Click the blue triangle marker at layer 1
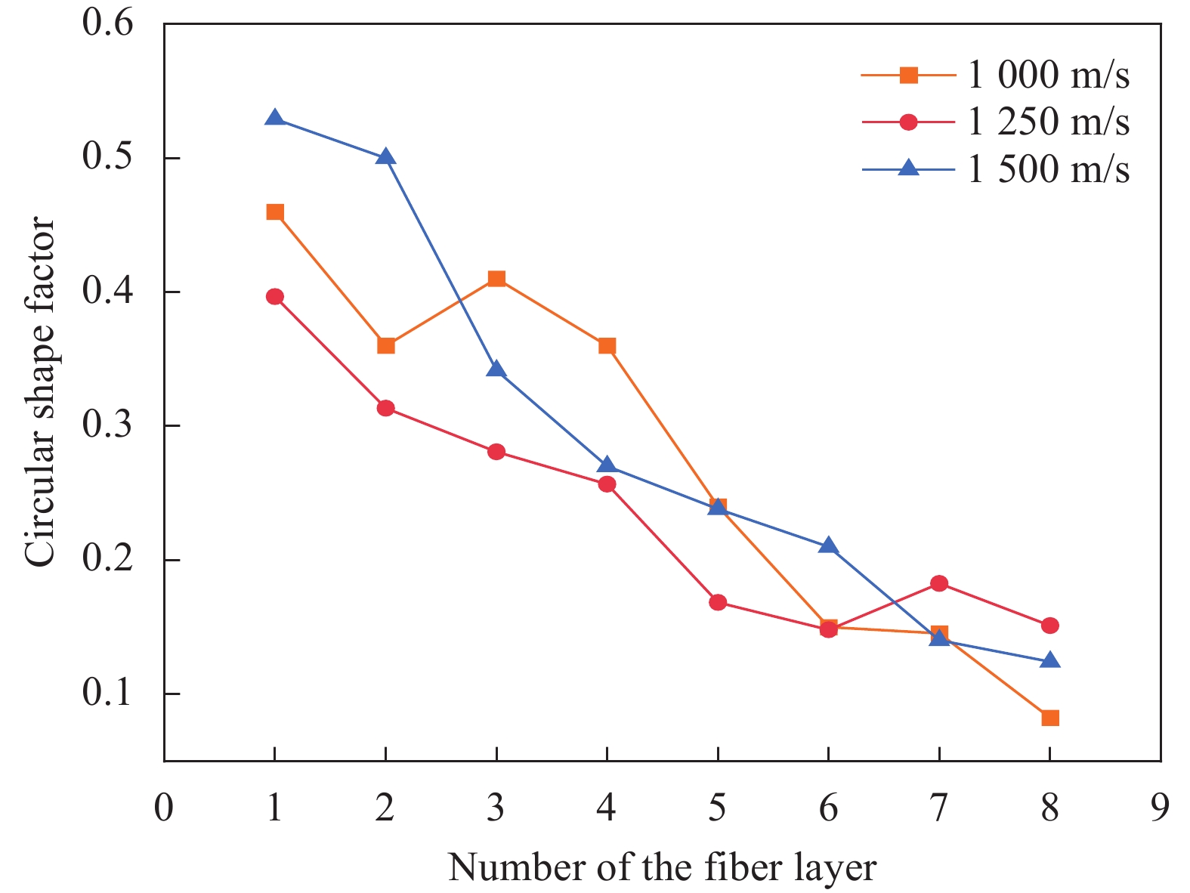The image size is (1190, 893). coord(275,118)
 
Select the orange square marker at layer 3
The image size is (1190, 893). coord(496,279)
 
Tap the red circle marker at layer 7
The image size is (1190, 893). coord(939,583)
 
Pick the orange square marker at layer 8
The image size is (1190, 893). coord(1050,718)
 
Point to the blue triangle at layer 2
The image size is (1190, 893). coord(385,157)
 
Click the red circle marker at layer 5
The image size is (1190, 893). coord(718,602)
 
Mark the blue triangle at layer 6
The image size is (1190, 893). coord(829,545)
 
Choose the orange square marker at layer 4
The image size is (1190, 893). coord(607,346)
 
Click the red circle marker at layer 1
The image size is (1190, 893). coord(275,296)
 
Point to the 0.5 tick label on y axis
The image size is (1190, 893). coord(108,158)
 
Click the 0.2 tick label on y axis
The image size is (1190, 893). coord(108,560)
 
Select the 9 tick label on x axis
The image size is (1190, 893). coord(1160,808)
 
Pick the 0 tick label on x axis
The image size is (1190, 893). coord(164,808)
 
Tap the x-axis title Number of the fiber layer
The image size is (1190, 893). coord(662,867)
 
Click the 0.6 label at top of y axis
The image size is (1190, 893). coord(108,24)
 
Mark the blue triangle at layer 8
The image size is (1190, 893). coord(1050,660)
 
